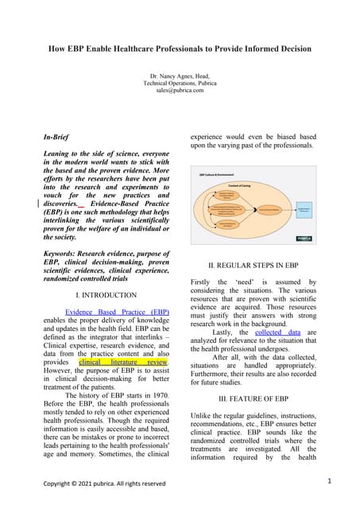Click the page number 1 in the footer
pyautogui.click(x=329, y=480)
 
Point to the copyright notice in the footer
pyautogui.click(x=104, y=483)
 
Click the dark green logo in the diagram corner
pyautogui.click(x=303, y=238)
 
